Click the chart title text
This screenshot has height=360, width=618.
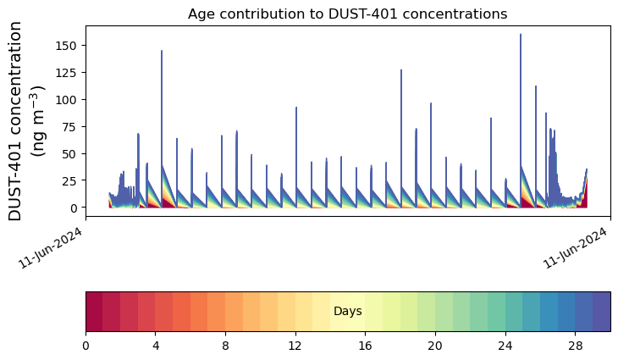347,14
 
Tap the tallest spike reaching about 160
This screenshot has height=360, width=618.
521,36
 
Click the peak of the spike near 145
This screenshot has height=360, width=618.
162,52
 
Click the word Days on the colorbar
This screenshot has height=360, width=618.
348,312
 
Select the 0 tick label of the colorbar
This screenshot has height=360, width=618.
86,346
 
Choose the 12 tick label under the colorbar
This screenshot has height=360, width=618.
295,346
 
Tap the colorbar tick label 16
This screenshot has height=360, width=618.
365,346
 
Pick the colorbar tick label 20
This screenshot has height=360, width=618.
435,346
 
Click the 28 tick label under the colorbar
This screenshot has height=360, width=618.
575,346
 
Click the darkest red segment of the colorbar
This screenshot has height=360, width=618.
94,311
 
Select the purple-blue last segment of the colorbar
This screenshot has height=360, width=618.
601,311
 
